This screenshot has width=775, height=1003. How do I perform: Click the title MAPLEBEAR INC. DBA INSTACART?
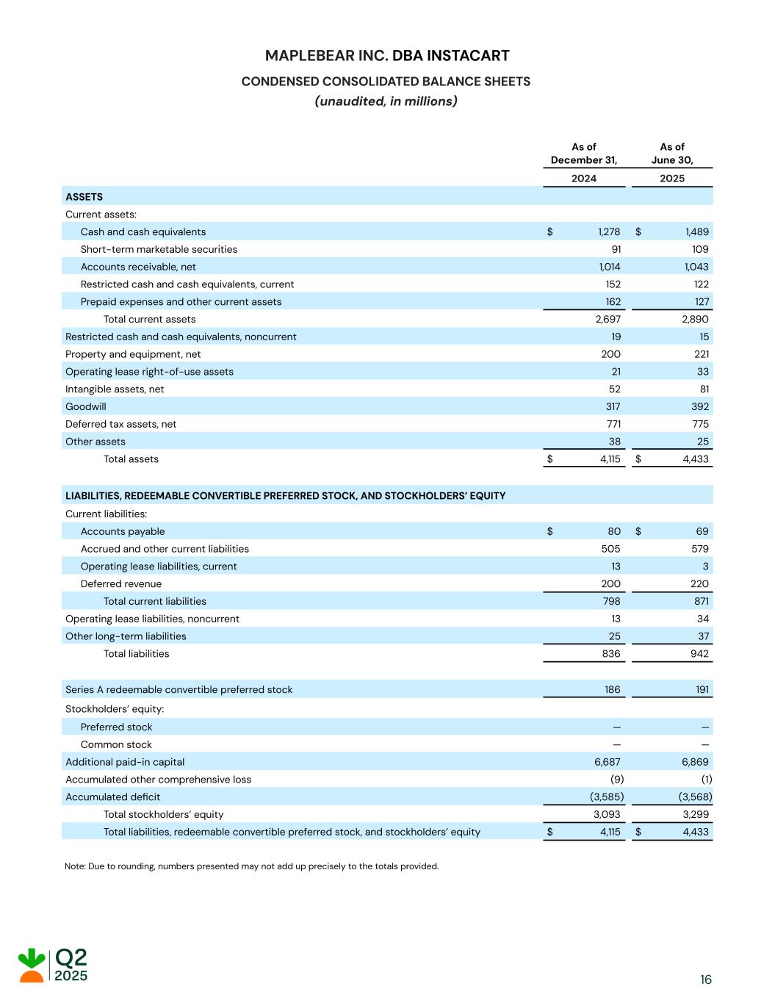tap(387, 56)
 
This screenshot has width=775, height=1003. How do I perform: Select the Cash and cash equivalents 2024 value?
tap(609, 231)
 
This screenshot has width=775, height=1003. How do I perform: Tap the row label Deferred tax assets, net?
tap(120, 424)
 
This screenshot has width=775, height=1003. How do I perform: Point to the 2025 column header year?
tap(671, 179)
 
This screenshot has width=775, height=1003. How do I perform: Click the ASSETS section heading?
tap(84, 197)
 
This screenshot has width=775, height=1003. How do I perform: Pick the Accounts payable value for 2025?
tap(702, 531)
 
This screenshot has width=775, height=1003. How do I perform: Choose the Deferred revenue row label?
tap(120, 583)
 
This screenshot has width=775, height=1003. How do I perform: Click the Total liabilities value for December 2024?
tap(610, 654)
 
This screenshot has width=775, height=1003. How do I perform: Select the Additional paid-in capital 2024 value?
tap(607, 762)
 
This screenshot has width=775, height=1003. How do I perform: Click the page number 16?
tap(706, 979)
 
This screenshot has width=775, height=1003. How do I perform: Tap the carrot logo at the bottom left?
tap(32, 965)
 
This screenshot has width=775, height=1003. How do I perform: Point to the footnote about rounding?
tap(251, 866)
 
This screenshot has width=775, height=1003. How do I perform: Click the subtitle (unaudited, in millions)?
tap(386, 101)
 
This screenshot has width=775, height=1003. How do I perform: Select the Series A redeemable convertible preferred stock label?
tap(179, 690)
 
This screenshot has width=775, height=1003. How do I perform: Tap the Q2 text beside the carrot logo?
tap(71, 957)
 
